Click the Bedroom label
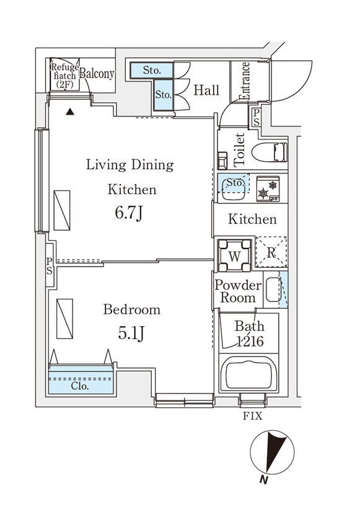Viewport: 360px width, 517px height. (132, 309)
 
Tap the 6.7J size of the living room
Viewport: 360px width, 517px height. (129, 213)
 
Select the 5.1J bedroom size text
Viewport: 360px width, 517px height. (131, 334)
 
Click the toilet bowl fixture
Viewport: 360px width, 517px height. (270, 152)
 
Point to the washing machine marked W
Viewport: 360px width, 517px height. (234, 255)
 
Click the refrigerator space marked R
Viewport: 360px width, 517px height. (271, 252)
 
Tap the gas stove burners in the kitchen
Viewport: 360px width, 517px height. (268, 188)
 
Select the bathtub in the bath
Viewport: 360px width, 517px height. (248, 375)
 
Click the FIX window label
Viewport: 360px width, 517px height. (253, 416)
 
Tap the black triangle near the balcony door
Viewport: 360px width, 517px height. (70, 112)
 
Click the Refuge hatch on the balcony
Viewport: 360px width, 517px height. (65, 75)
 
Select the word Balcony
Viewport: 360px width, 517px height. (97, 74)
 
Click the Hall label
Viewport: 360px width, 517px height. (206, 90)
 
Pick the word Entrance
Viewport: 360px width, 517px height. (245, 81)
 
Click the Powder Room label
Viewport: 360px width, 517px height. (238, 291)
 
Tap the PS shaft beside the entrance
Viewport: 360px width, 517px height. (256, 118)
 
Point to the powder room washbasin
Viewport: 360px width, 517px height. (273, 289)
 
